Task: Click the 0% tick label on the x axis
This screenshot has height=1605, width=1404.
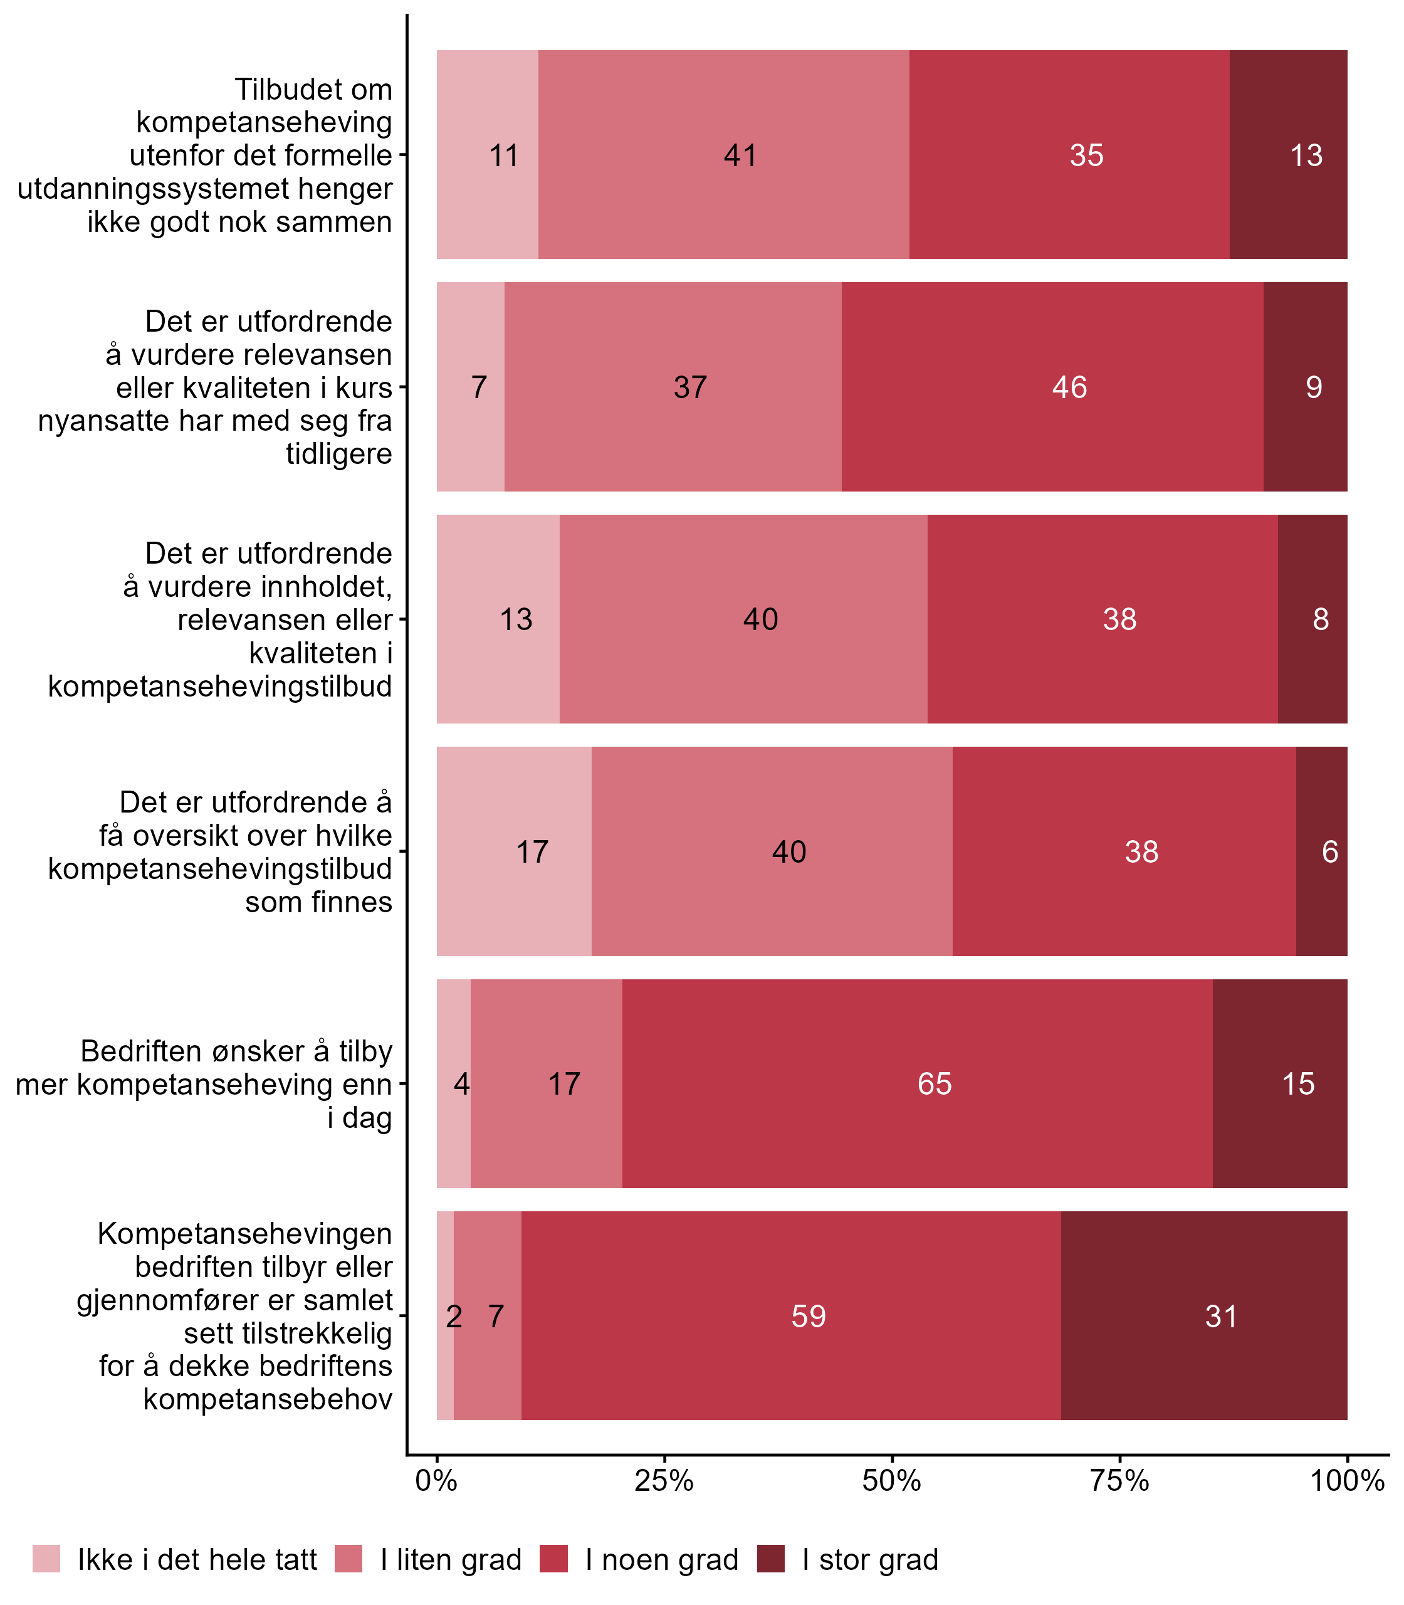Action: click(x=436, y=1481)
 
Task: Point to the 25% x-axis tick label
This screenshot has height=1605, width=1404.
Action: click(x=664, y=1481)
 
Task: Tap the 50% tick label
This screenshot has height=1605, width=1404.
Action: click(x=891, y=1481)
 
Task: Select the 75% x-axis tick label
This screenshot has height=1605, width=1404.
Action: click(x=1119, y=1481)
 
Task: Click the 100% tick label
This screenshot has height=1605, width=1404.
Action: click(x=1347, y=1481)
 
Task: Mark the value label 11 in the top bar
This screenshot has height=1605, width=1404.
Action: click(x=504, y=156)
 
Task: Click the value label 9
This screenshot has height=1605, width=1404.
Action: click(x=1314, y=387)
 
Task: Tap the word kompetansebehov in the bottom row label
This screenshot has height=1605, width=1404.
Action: click(x=268, y=1399)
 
